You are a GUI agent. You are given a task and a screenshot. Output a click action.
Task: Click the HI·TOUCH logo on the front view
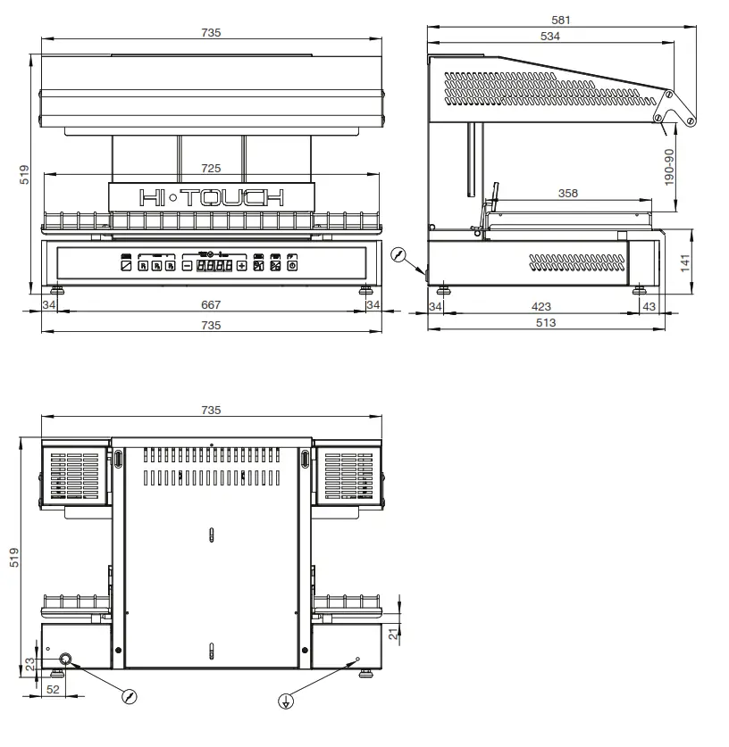click(x=211, y=197)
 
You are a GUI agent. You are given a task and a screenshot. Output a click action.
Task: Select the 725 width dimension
click(x=211, y=168)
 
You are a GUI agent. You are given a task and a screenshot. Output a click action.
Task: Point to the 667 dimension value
click(x=211, y=305)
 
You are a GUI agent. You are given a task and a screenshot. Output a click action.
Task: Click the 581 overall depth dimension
click(x=561, y=20)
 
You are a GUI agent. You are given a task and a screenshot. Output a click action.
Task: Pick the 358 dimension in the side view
click(x=567, y=193)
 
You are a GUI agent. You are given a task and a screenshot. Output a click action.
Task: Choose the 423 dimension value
click(x=540, y=307)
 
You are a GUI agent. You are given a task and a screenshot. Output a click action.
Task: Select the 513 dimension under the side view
click(x=545, y=323)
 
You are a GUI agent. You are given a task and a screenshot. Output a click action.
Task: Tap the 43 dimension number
click(x=649, y=307)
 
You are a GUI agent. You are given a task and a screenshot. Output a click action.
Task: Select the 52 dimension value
click(x=53, y=690)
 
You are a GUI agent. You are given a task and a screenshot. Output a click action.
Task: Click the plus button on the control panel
click(x=241, y=265)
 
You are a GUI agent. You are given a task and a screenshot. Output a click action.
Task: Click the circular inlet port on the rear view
click(x=65, y=660)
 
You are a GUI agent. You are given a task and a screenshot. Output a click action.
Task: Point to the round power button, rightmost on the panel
click(x=291, y=265)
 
